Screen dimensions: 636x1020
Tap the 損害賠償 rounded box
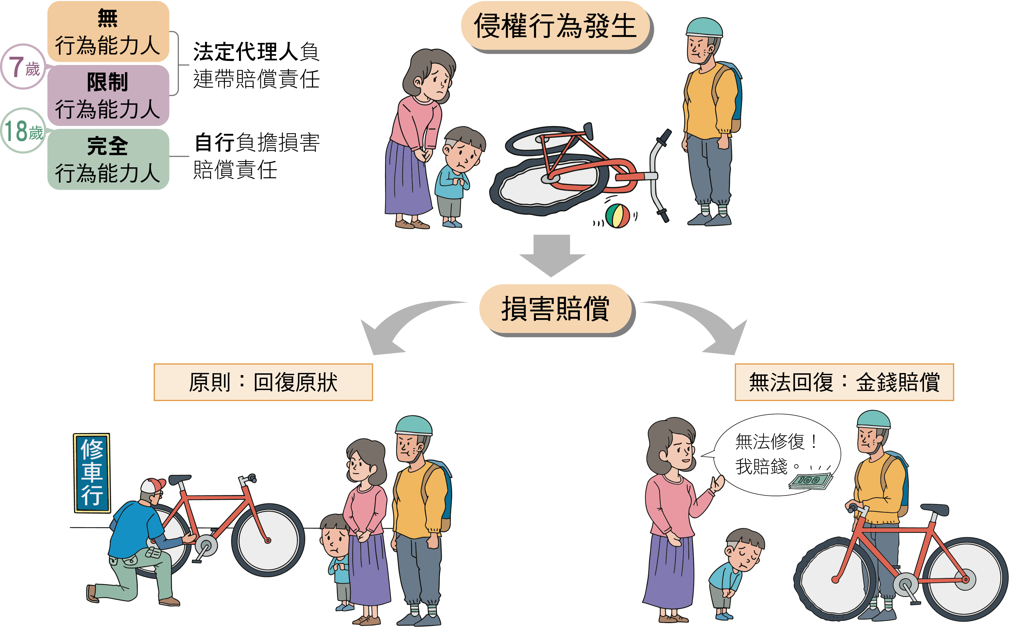pos(556,309)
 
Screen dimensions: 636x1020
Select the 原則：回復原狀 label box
pos(263,382)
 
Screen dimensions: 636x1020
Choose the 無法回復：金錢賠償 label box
pos(844,382)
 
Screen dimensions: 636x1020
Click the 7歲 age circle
pos(23,67)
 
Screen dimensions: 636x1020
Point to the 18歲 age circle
pos(23,130)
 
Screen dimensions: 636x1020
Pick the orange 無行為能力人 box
pos(108,31)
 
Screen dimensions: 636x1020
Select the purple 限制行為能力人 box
pos(108,95)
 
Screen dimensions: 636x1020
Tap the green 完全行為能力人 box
pos(108,159)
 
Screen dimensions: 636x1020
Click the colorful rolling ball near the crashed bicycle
pos(617,216)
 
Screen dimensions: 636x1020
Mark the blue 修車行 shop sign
pos(92,473)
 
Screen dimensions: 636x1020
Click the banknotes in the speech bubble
pos(810,481)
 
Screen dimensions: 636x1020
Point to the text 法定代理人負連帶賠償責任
pos(256,65)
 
